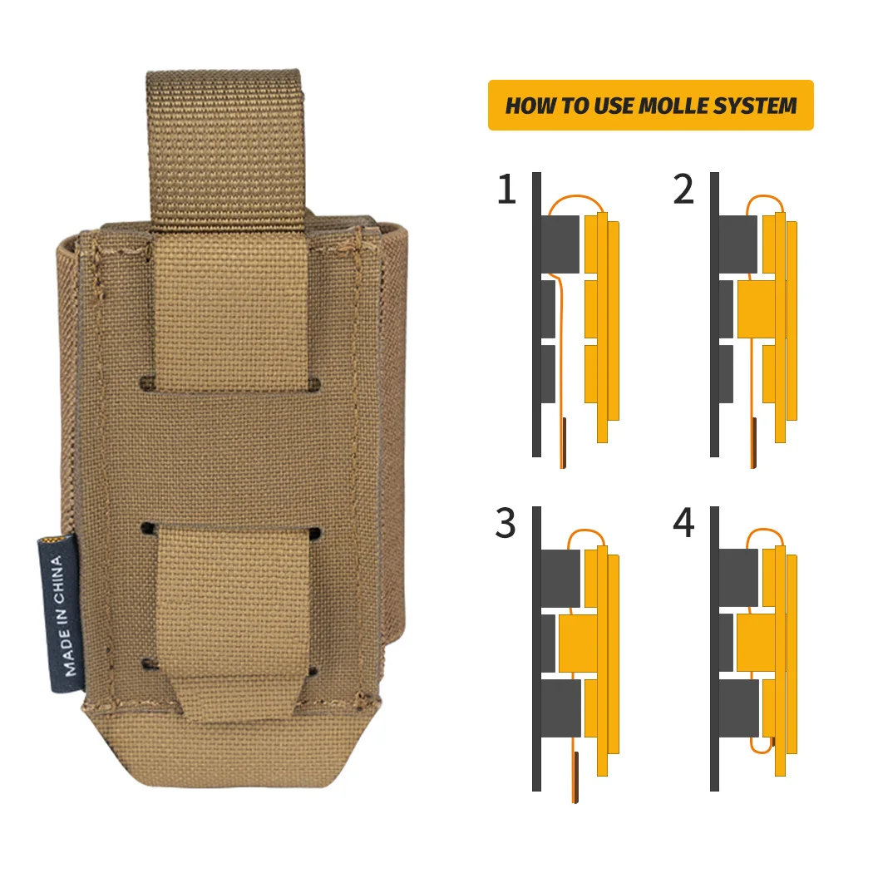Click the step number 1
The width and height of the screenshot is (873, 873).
click(x=506, y=190)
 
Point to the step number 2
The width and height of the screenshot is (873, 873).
click(x=683, y=190)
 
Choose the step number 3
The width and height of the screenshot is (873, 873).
click(x=506, y=523)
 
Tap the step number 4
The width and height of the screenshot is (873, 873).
click(x=683, y=523)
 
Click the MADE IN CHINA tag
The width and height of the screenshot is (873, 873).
click(x=60, y=614)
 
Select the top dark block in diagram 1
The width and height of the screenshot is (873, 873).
click(x=560, y=244)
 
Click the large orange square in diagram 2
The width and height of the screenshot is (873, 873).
click(x=756, y=309)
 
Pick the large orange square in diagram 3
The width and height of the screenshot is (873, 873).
click(x=578, y=643)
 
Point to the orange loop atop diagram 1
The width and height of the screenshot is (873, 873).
click(x=575, y=198)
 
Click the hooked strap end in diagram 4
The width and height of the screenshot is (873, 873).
click(x=762, y=745)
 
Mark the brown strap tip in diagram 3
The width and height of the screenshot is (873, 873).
click(x=575, y=777)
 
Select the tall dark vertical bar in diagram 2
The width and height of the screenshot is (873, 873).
click(x=715, y=314)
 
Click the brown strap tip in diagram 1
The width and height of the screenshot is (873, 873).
click(x=564, y=442)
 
